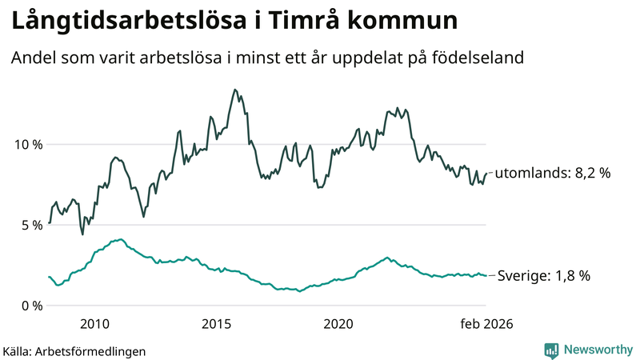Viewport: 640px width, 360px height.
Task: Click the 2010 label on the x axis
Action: [x=94, y=324]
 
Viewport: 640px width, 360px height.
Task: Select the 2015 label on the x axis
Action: [x=216, y=324]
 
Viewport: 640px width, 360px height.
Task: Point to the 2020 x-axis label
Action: [x=338, y=324]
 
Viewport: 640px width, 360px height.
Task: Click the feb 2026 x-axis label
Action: [x=486, y=324]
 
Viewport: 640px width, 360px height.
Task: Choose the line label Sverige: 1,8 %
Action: [x=543, y=276]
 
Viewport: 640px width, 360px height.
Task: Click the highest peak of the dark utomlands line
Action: [x=234, y=90]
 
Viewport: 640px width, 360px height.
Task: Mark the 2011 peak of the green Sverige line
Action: [x=120, y=239]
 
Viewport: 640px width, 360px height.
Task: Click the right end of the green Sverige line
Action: [x=486, y=276]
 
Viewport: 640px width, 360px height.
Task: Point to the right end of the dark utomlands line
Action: [x=486, y=174]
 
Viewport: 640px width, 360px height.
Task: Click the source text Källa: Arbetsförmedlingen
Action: [x=74, y=350]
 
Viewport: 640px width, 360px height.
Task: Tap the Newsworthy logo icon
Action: [x=551, y=350]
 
